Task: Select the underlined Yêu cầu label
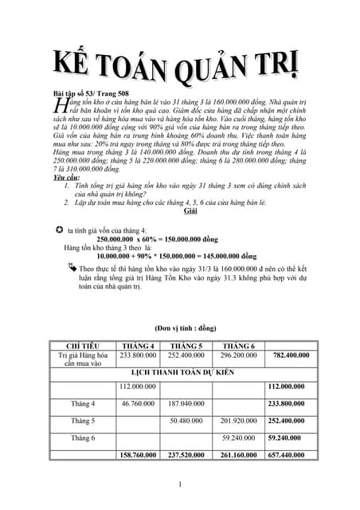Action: click(65, 178)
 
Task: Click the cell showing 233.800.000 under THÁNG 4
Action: click(137, 355)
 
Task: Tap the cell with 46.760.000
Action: click(137, 403)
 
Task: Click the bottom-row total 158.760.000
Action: click(137, 455)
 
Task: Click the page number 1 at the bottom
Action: click(181, 484)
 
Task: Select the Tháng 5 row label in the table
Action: click(82, 420)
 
